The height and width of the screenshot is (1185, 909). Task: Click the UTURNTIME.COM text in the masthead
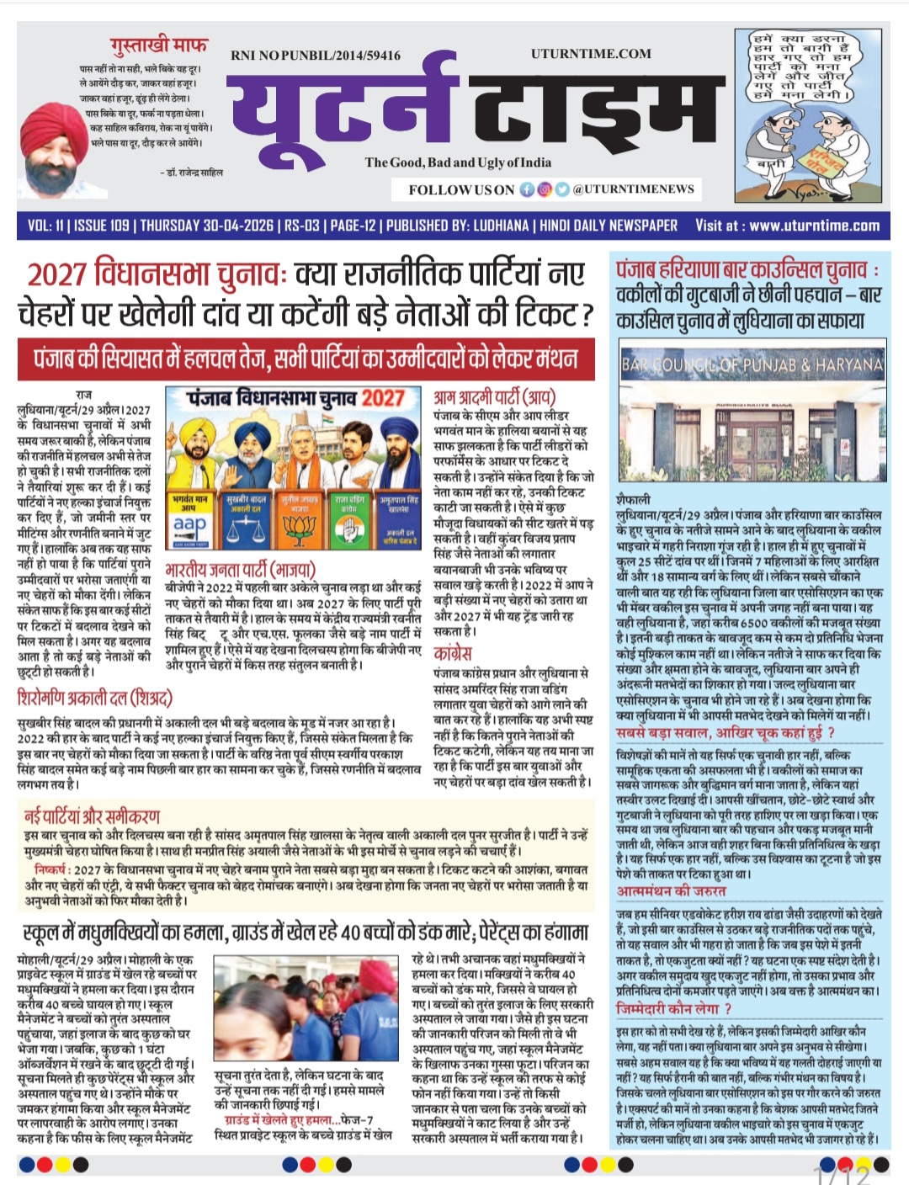(x=591, y=54)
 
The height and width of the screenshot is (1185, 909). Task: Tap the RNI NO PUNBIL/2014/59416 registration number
(x=316, y=56)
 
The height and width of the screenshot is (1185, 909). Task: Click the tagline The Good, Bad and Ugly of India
(x=458, y=162)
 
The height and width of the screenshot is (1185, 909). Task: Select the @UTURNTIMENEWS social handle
(x=633, y=189)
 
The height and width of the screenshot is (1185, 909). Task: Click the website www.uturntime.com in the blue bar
(x=814, y=226)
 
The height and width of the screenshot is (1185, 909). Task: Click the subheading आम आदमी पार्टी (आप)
(x=495, y=398)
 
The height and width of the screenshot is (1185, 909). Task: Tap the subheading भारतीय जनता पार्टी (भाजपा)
(x=241, y=571)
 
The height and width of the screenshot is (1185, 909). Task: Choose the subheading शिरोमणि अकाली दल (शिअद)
(x=95, y=698)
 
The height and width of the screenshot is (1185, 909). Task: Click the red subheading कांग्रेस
(x=453, y=653)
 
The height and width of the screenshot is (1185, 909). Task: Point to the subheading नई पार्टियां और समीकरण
(x=93, y=816)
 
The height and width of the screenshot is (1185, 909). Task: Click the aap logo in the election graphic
(x=190, y=523)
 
